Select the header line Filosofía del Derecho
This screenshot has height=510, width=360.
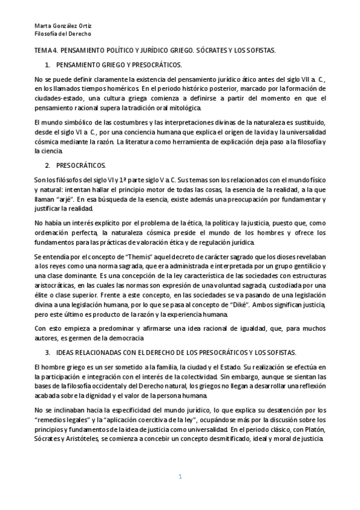click(59, 34)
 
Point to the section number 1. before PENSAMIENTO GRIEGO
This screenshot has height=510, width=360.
click(48, 64)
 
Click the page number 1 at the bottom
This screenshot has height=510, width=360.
click(179, 477)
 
